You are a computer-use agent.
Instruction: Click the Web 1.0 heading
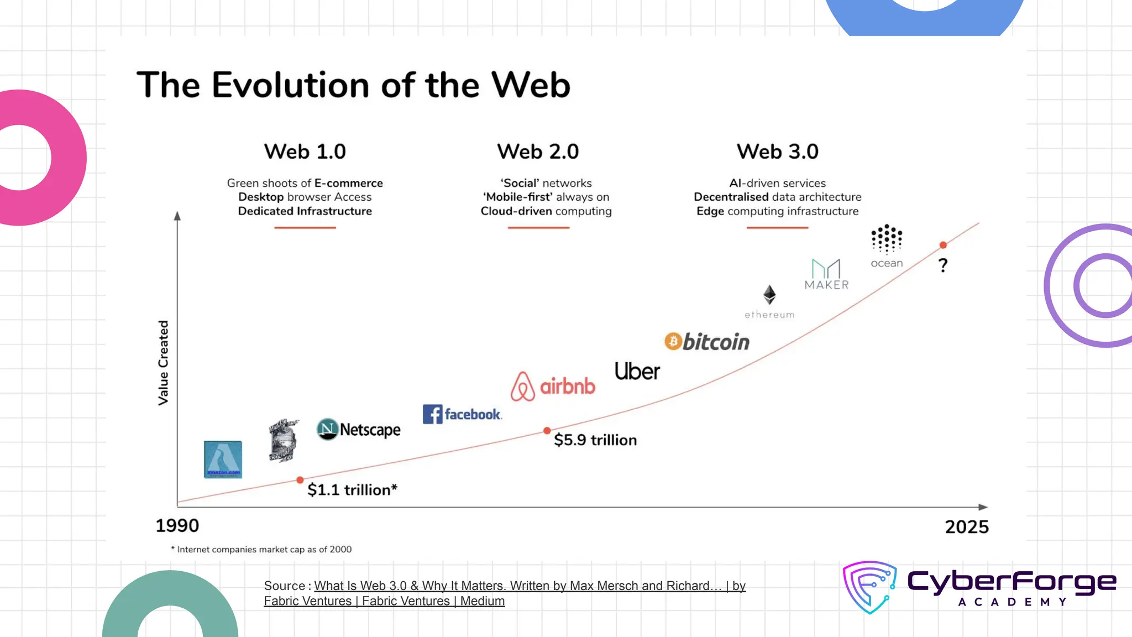click(305, 152)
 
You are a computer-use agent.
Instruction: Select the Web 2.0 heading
click(538, 152)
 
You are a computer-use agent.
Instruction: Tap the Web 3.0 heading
click(777, 152)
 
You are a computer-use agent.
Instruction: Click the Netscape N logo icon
click(327, 429)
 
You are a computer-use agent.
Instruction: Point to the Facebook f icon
click(432, 414)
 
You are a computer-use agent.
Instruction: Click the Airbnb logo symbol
click(522, 387)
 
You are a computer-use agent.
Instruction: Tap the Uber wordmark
click(637, 372)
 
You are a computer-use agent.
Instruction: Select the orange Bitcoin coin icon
click(673, 342)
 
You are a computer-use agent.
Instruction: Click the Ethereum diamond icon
click(769, 295)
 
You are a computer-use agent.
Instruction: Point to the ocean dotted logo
click(887, 239)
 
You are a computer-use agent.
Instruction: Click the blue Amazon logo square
click(223, 460)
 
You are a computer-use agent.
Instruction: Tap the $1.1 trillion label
click(352, 490)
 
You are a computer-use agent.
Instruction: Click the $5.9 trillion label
click(595, 440)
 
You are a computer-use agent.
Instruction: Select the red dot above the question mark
click(943, 245)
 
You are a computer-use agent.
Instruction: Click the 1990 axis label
click(177, 526)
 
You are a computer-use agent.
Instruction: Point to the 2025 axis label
click(967, 527)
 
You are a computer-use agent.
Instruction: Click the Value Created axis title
click(163, 363)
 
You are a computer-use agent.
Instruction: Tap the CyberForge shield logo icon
click(869, 587)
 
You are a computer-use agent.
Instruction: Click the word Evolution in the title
click(291, 85)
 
